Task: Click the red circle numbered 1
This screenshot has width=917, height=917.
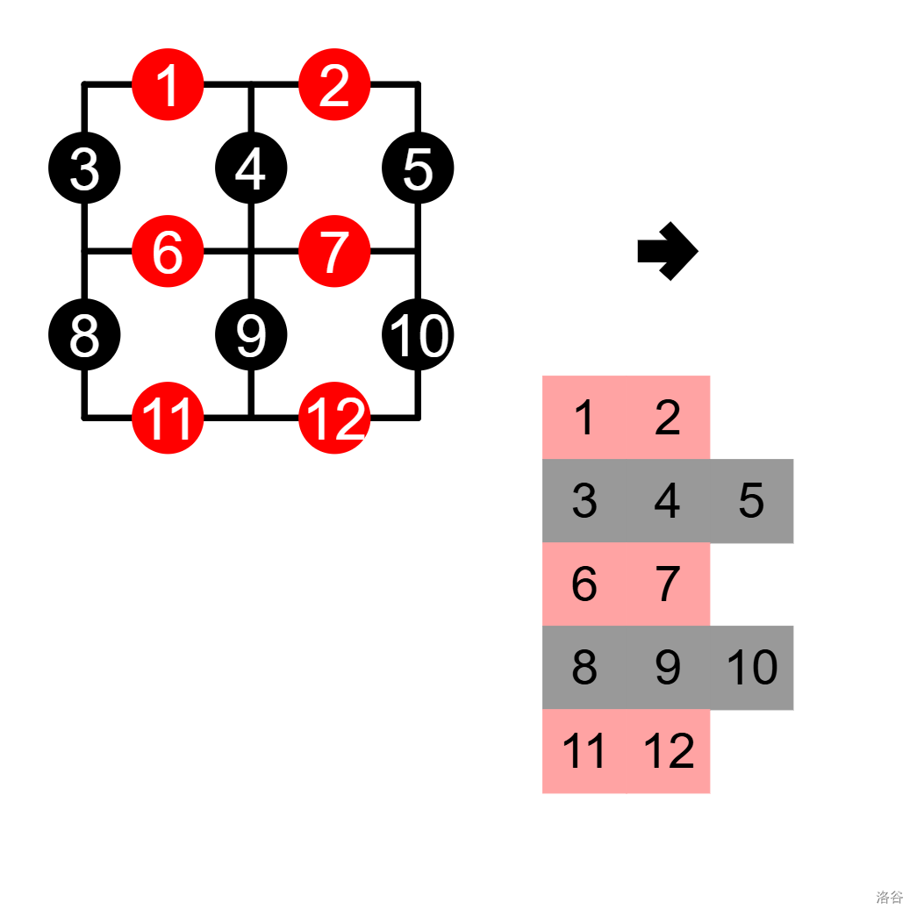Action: [x=168, y=85]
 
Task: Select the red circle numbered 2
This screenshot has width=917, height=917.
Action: [x=334, y=85]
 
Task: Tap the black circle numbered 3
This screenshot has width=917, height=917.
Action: [x=84, y=168]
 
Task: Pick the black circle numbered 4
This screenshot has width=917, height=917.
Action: [x=251, y=168]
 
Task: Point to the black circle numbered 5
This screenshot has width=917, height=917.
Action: [x=418, y=168]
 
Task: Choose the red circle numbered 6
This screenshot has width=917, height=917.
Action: [x=168, y=252]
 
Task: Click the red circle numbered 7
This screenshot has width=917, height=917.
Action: [x=334, y=252]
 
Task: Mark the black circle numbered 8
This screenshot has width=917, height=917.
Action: [x=84, y=335]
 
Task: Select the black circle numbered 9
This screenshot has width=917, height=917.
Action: [x=251, y=335]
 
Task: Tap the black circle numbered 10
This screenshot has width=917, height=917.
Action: [x=418, y=335]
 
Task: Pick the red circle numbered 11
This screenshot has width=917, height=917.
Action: [x=168, y=419]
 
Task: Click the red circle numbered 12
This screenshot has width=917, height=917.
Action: [x=334, y=419]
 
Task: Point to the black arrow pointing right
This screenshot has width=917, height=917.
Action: [x=668, y=252]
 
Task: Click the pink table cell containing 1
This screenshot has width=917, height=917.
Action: [x=584, y=417]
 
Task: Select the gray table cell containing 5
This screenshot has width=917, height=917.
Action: [x=751, y=500]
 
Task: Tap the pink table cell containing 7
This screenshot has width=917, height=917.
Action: [x=668, y=584]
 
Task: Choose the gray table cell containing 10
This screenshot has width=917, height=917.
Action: [x=751, y=668]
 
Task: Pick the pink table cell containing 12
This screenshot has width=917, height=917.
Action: [x=668, y=751]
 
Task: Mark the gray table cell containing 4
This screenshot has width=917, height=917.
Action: [x=668, y=500]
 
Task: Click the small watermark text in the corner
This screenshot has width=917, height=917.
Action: [x=889, y=897]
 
